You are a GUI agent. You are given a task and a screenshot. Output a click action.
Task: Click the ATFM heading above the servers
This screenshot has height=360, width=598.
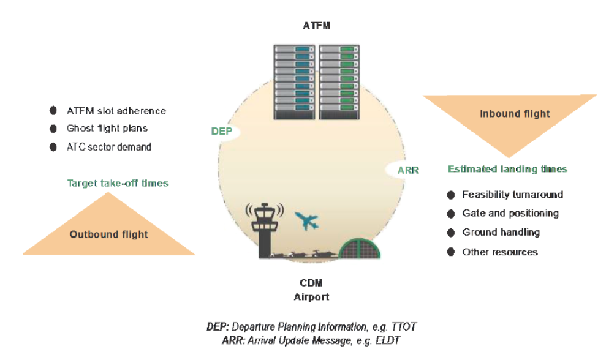[x=316, y=26]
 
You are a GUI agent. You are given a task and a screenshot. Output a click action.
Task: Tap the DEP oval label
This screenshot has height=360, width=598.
[x=221, y=132]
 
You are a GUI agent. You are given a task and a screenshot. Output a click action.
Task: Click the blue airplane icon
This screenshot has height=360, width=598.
[x=307, y=220]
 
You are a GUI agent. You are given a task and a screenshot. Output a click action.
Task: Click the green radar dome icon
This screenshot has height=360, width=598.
[x=360, y=251]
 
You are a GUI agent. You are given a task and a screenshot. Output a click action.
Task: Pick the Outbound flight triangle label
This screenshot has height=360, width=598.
[x=108, y=234]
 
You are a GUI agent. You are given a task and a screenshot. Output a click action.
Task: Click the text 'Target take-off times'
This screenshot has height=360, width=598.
[x=118, y=183]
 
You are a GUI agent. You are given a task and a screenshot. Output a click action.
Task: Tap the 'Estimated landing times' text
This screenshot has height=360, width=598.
[x=507, y=169]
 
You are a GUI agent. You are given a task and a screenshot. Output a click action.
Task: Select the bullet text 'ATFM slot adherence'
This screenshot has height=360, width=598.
[x=116, y=111]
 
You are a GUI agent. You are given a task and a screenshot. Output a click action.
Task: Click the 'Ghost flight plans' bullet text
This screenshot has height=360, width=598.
[x=107, y=129]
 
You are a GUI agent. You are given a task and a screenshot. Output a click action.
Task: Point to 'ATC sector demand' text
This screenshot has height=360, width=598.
[x=109, y=147]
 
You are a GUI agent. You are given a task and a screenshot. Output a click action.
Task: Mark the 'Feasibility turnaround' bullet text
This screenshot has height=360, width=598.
[x=512, y=195]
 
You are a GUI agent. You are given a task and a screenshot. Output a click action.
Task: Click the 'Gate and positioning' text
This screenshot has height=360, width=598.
[x=510, y=213]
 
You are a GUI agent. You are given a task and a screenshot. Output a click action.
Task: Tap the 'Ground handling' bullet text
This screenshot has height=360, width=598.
[x=501, y=232]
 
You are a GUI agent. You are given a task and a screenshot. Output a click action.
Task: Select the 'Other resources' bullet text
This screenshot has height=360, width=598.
[x=500, y=252]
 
